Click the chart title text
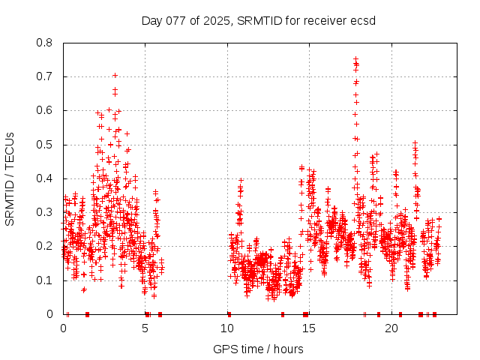tap(259, 20)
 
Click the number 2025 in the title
tap(217, 20)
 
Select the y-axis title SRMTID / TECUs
tap(10, 178)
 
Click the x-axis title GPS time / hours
tap(258, 349)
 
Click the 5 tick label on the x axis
tap(145, 328)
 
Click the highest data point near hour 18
tap(355, 58)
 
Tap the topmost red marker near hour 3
tap(115, 75)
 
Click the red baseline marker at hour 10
tap(229, 314)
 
